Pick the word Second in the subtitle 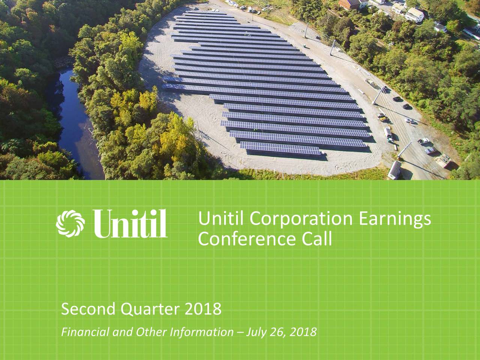pos(87,310)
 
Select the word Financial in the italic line pos(79,332)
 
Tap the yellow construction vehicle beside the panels pos(382,118)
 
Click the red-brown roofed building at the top pos(349,4)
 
